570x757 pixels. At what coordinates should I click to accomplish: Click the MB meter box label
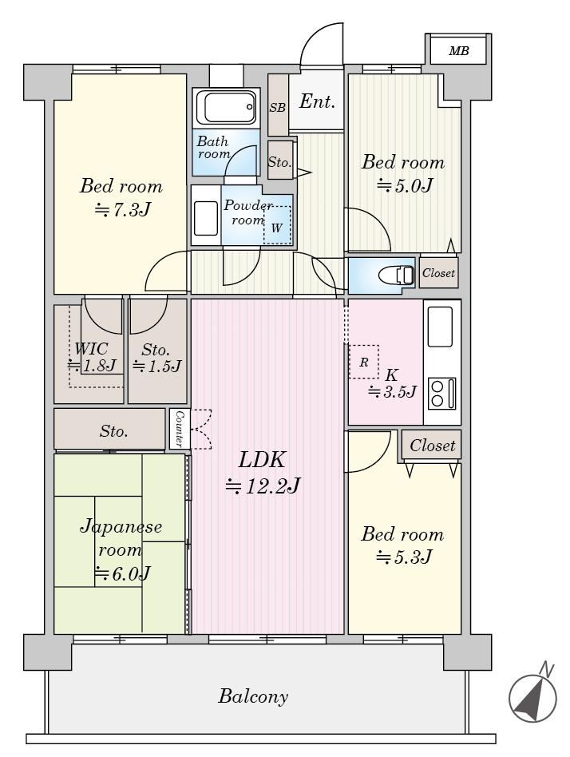point(458,50)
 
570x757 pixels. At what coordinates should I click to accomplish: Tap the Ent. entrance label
point(317,101)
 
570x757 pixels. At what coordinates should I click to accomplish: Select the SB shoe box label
point(278,108)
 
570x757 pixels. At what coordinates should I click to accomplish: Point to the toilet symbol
point(396,275)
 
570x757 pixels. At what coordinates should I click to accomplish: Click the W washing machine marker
point(276,228)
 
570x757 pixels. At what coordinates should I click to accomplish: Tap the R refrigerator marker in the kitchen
point(364,362)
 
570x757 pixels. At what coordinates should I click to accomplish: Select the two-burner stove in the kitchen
point(442,393)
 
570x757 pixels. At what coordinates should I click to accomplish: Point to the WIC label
point(91,349)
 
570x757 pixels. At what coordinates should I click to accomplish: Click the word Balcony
point(253,696)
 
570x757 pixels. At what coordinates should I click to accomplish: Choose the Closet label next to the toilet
point(438,273)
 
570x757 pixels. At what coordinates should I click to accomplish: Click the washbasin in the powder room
point(206,218)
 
